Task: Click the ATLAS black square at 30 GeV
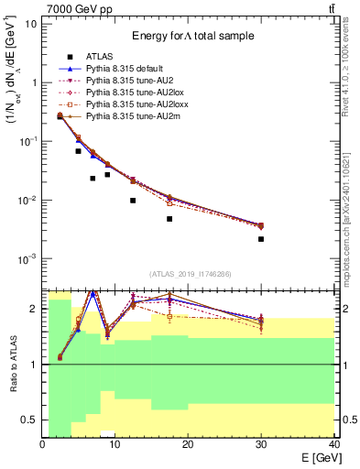(261, 239)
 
